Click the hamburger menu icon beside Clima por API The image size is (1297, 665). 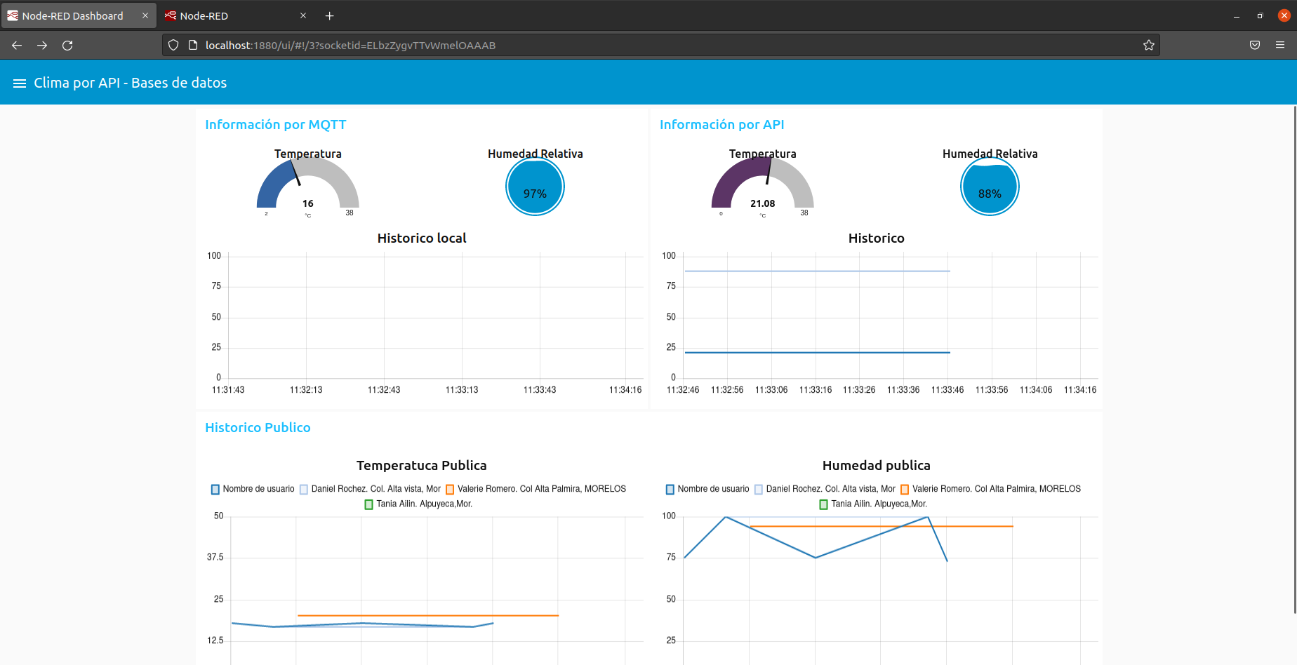pyautogui.click(x=20, y=83)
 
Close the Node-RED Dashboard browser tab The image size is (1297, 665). pyautogui.click(x=145, y=15)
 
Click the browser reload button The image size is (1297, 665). pyautogui.click(x=67, y=46)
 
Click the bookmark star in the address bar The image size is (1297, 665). pyautogui.click(x=1148, y=46)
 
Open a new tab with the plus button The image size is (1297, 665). pyautogui.click(x=329, y=15)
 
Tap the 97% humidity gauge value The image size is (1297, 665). pyautogui.click(x=535, y=194)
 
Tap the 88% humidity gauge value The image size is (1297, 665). pyautogui.click(x=990, y=194)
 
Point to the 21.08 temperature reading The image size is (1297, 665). pyautogui.click(x=762, y=203)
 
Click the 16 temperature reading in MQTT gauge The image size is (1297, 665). pyautogui.click(x=307, y=203)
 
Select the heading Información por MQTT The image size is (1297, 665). pyautogui.click(x=275, y=125)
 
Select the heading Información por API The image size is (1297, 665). pyautogui.click(x=721, y=125)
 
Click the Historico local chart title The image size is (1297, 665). pyautogui.click(x=421, y=239)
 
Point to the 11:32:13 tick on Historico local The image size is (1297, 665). pyautogui.click(x=306, y=390)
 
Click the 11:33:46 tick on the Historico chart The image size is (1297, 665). pyautogui.click(x=947, y=390)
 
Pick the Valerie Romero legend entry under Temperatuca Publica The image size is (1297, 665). pyautogui.click(x=540, y=489)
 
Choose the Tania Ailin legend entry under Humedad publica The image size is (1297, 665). pyautogui.click(x=878, y=504)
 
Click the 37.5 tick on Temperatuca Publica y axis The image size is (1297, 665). pyautogui.click(x=215, y=557)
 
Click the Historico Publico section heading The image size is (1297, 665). pyautogui.click(x=258, y=428)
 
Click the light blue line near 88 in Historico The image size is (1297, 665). pyautogui.click(x=814, y=271)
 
